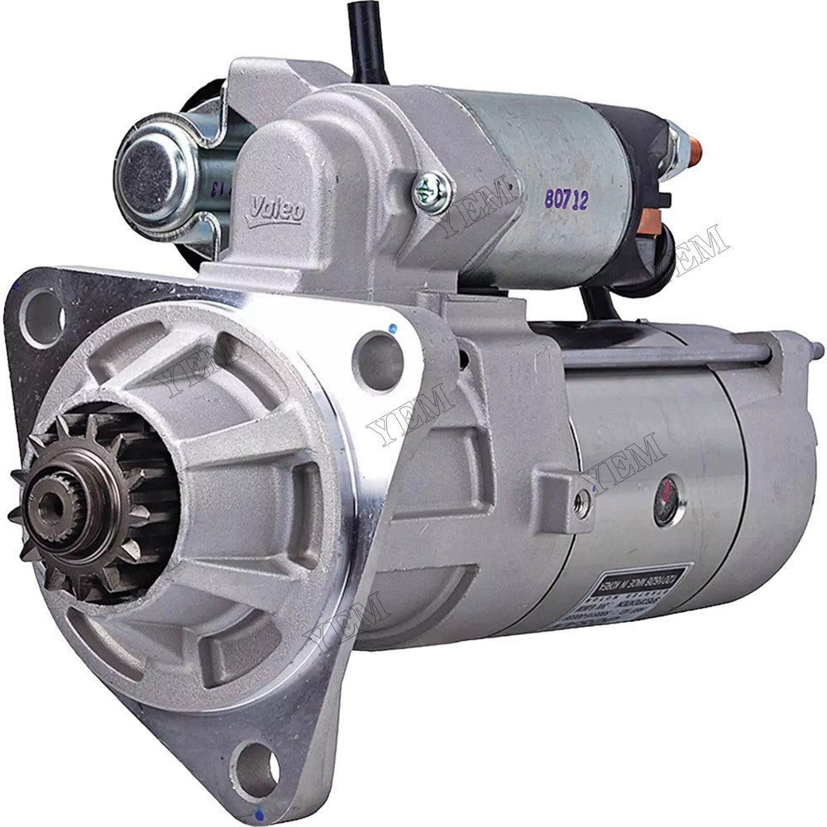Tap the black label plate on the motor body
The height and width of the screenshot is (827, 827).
click(x=637, y=586)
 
